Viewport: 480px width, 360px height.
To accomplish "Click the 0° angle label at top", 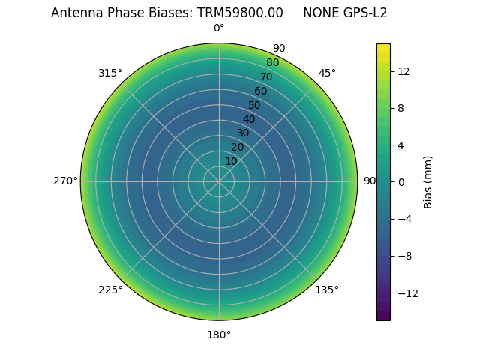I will pos(219,28).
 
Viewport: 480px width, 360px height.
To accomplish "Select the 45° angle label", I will pos(327,73).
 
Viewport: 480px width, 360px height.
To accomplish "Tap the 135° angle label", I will pos(327,289).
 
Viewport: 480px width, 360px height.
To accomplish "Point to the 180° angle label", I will pos(219,334).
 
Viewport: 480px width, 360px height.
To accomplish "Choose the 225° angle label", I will pos(110,289).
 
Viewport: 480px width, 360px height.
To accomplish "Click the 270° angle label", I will pos(65,181).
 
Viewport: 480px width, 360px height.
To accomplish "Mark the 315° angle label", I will pos(110,73).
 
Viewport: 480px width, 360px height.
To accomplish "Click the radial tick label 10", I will pos(231,161).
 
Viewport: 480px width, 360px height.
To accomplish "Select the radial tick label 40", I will pos(249,119).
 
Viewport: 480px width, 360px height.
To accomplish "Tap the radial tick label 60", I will pos(260,91).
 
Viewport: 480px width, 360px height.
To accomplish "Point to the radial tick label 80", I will pos(272,63).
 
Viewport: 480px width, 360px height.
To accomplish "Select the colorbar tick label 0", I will pos(400,181).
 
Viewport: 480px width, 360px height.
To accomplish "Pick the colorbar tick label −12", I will pos(406,292).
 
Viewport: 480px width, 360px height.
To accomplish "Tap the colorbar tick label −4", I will pos(403,219).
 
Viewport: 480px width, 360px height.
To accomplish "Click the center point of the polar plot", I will pos(219,181).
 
